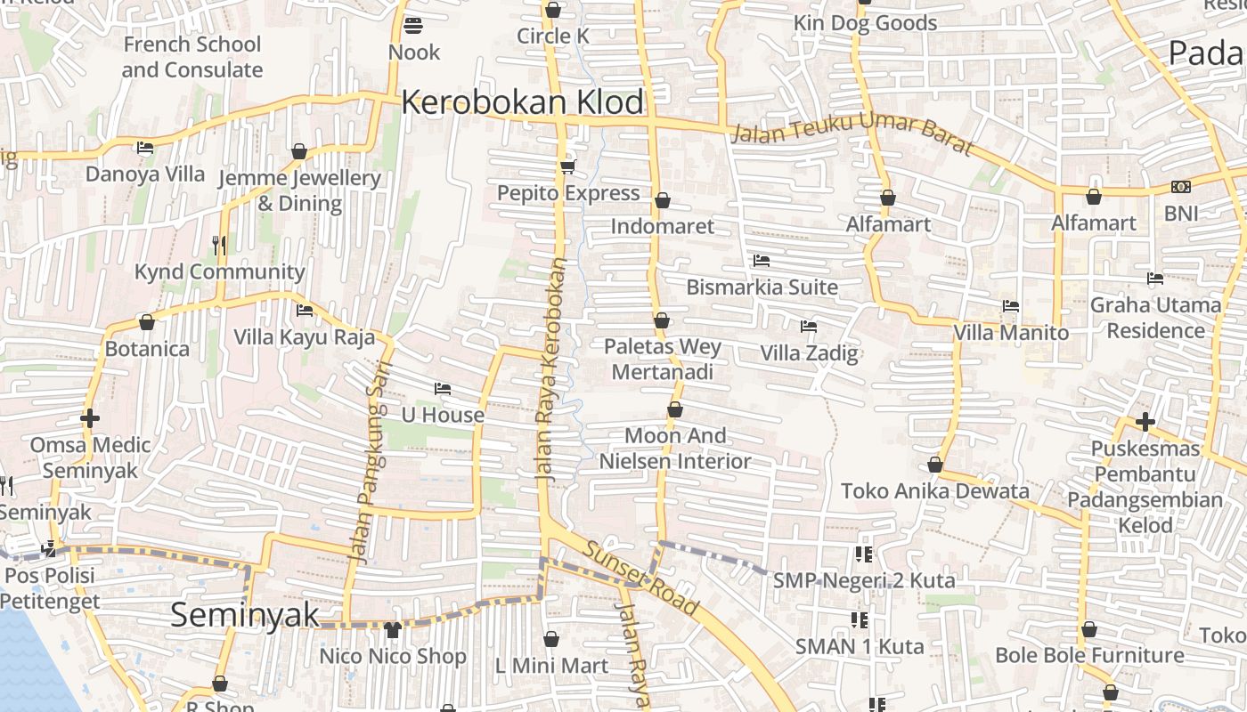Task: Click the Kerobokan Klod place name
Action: point(522,102)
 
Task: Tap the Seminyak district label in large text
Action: point(244,614)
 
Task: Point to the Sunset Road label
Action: point(640,576)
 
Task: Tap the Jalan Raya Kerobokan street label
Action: point(552,369)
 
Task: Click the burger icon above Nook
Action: point(412,26)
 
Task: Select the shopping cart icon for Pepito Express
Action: point(567,166)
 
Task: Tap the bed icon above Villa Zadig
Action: point(809,327)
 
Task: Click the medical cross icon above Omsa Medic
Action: point(89,417)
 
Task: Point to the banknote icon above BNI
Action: point(1181,187)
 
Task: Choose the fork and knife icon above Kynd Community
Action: point(219,245)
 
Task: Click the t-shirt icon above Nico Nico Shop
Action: point(392,630)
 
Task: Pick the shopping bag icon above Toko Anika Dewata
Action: point(935,465)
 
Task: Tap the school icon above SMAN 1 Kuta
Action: point(860,619)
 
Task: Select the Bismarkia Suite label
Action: point(762,287)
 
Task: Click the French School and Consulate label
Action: point(192,57)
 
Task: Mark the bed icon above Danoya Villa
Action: point(145,148)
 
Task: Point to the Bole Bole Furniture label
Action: point(1089,656)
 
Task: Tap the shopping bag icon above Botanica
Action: point(147,322)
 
